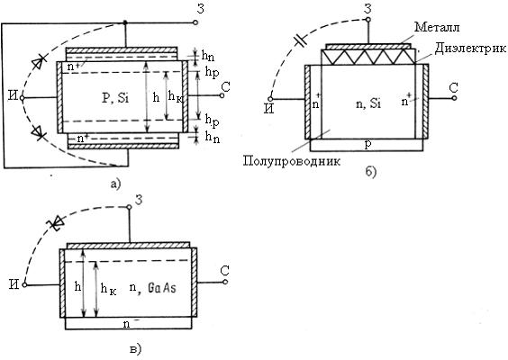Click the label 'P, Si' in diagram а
(x=115, y=98)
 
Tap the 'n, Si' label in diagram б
(x=368, y=103)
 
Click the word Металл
(x=437, y=27)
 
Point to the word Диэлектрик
(x=470, y=49)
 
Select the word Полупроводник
(x=292, y=161)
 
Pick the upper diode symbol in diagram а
(x=40, y=62)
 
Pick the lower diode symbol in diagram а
(x=39, y=132)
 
